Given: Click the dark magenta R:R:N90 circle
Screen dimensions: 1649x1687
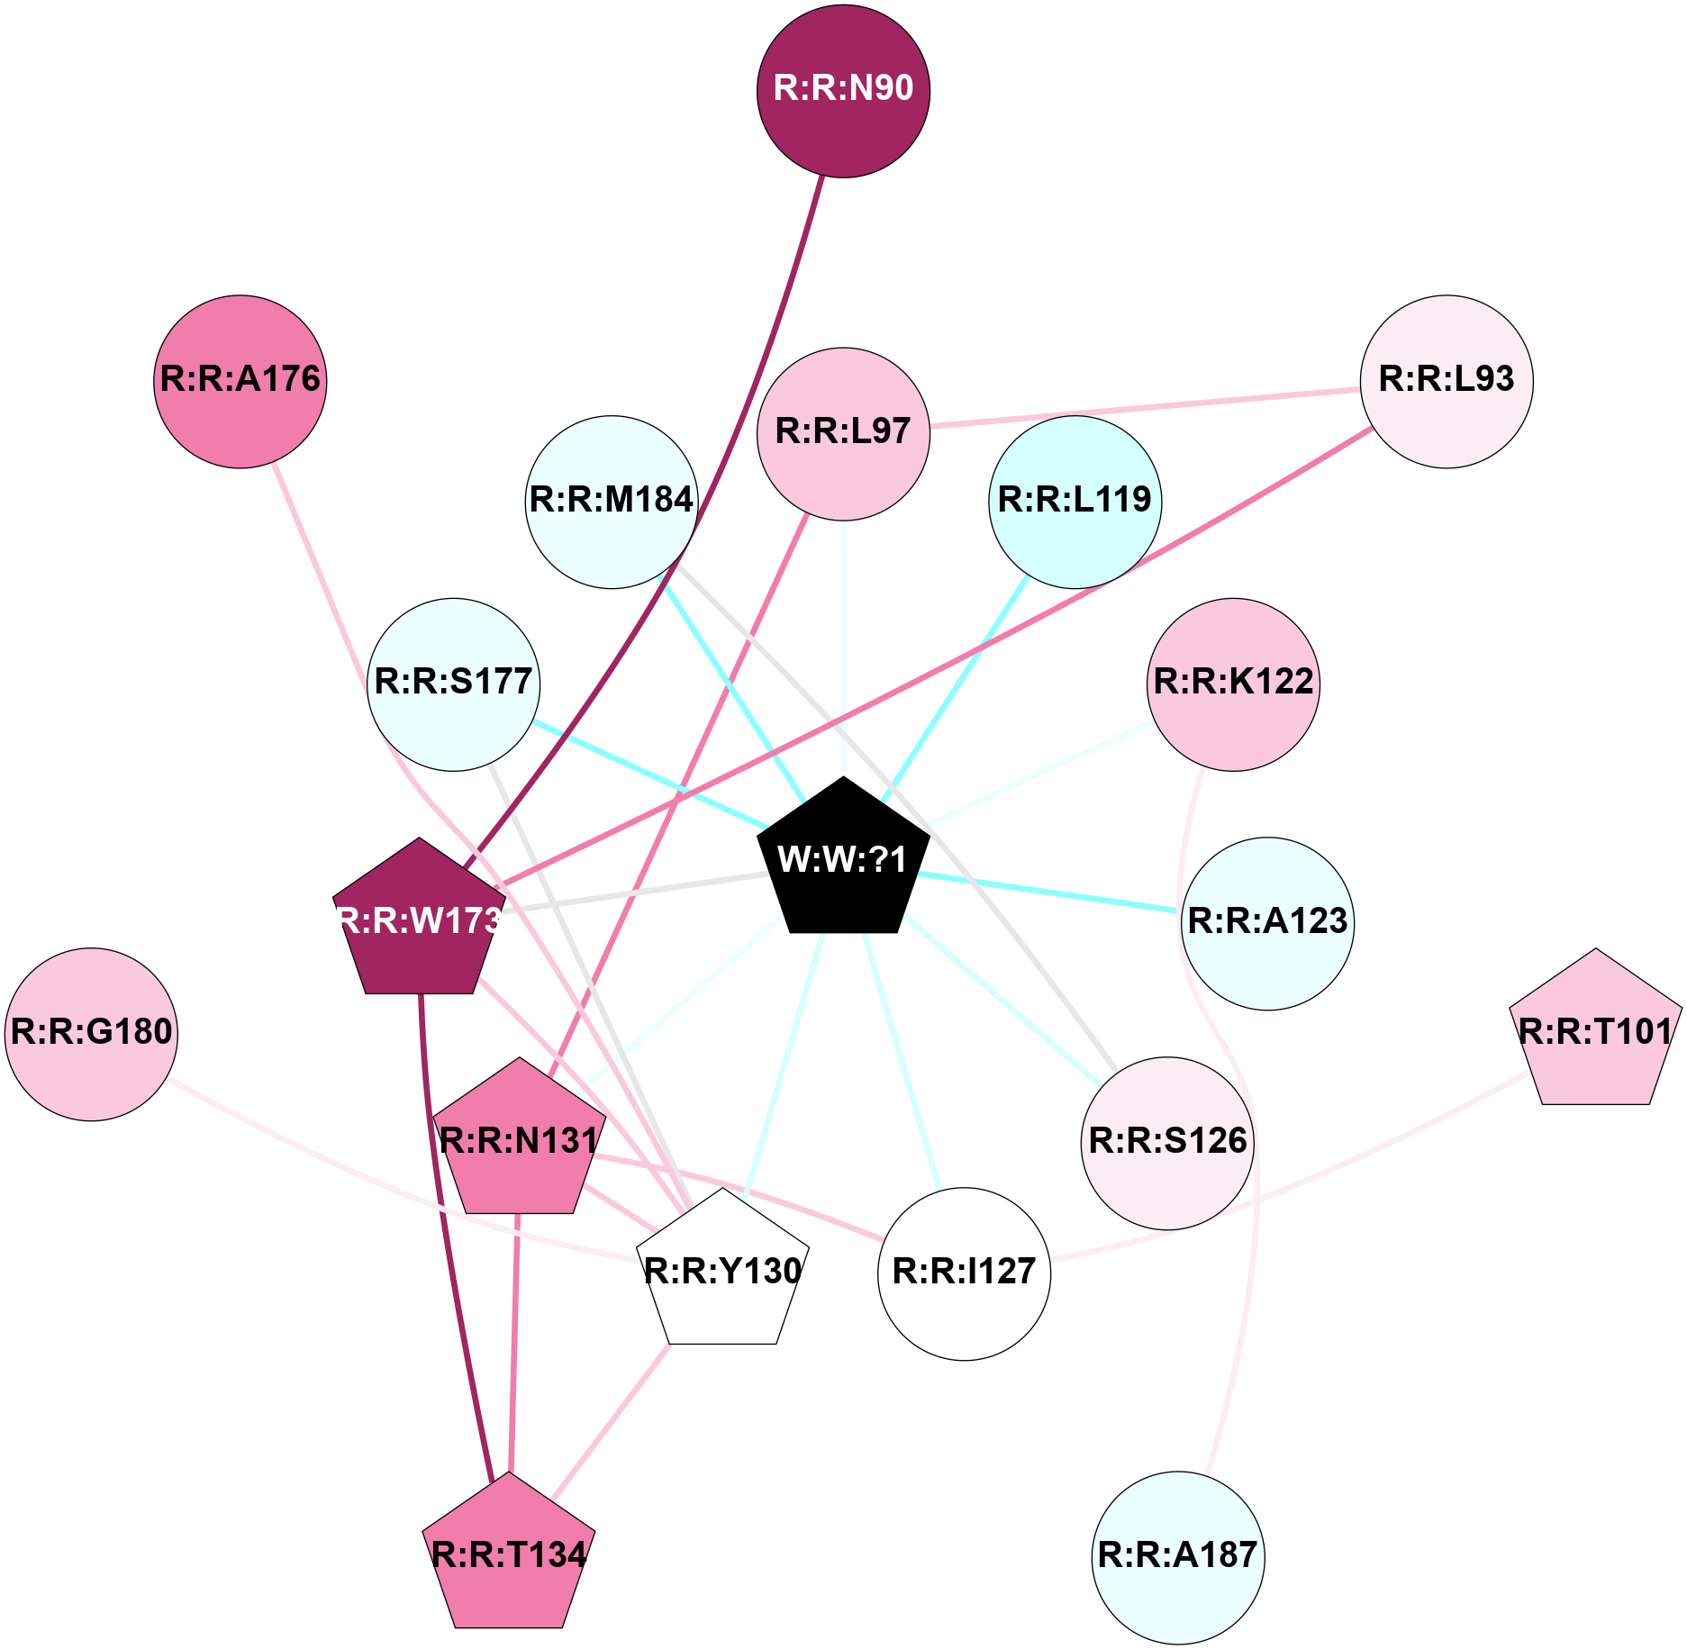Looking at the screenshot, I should pyautogui.click(x=843, y=91).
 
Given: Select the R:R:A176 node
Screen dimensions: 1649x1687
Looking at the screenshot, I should pyautogui.click(x=240, y=381).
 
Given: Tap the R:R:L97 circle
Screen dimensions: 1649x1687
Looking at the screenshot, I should pyautogui.click(x=843, y=433).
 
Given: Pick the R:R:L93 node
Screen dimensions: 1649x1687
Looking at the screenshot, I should pyautogui.click(x=1447, y=381).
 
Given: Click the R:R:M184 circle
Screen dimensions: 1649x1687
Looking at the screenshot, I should pyautogui.click(x=612, y=502).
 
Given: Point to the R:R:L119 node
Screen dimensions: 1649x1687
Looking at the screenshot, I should pyautogui.click(x=1075, y=502).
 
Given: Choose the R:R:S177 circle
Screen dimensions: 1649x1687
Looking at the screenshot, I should pyautogui.click(x=454, y=684).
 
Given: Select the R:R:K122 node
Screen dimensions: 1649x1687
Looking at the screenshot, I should pyautogui.click(x=1233, y=684).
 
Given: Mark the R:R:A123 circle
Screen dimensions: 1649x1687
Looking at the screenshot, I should pyautogui.click(x=1267, y=923).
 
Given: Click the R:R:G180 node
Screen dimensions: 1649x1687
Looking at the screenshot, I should pyautogui.click(x=91, y=1034).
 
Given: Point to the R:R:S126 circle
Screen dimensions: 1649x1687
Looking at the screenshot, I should pyautogui.click(x=1167, y=1143).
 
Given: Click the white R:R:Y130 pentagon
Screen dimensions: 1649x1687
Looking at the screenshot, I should pyautogui.click(x=722, y=1271).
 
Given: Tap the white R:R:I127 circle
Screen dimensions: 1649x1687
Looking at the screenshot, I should pyautogui.click(x=964, y=1273).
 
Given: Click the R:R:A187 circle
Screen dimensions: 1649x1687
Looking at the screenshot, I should pyautogui.click(x=1178, y=1557).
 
